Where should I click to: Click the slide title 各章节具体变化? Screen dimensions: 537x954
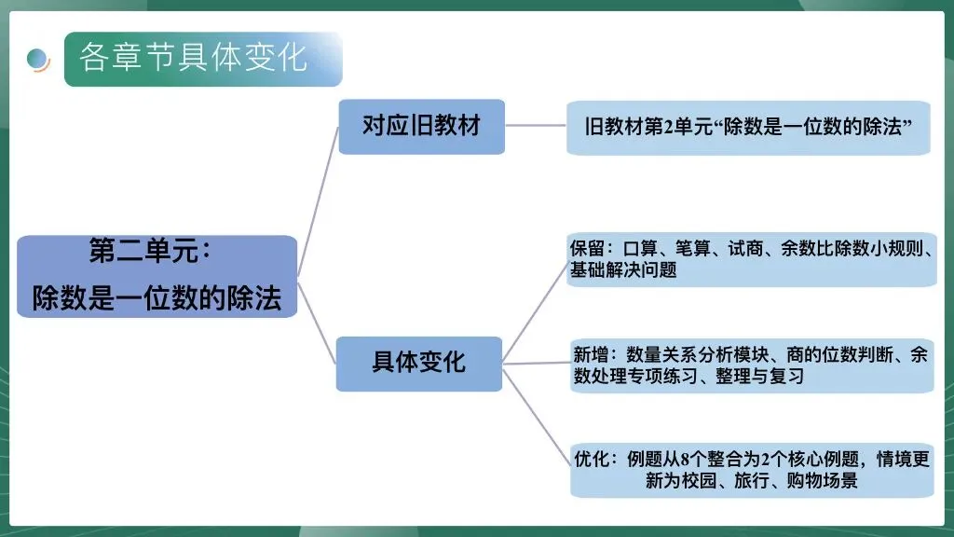click(193, 58)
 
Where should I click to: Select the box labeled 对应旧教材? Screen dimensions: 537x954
click(421, 126)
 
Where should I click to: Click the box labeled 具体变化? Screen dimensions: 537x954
click(418, 362)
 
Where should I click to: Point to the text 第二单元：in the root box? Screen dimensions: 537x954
click(151, 251)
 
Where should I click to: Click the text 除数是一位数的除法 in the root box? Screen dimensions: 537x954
click(157, 297)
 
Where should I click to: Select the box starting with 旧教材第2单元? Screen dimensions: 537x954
click(747, 128)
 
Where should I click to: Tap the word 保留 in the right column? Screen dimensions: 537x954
click(587, 249)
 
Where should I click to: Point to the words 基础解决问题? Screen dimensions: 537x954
click(623, 270)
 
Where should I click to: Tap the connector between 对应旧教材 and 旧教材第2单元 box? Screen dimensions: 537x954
click(535, 125)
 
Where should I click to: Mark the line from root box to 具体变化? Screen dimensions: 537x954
click(317, 321)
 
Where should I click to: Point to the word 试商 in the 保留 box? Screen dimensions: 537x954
click(746, 249)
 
